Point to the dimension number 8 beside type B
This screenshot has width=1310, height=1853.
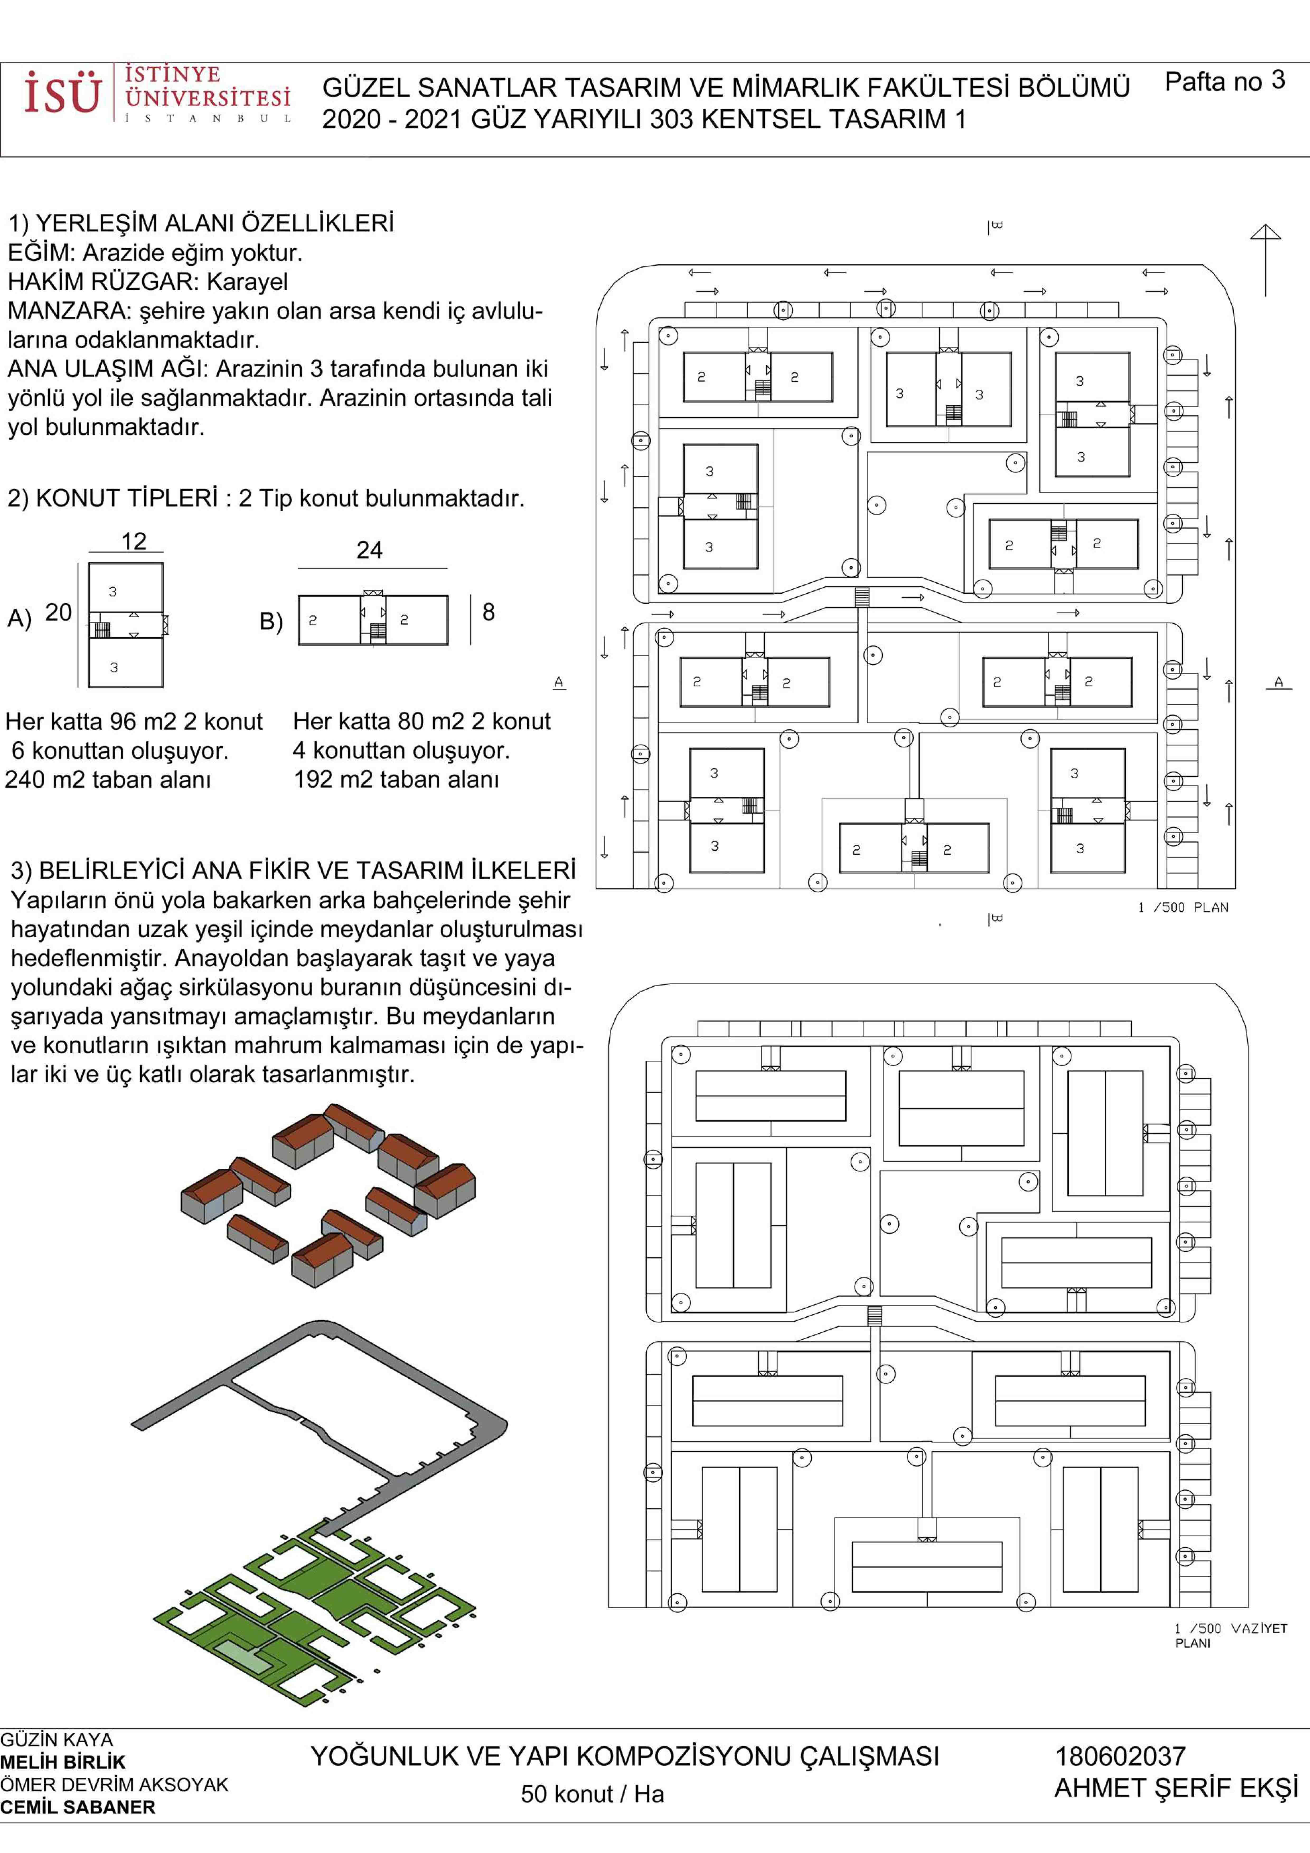pos(488,612)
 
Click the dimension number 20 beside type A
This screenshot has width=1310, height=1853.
pos(58,612)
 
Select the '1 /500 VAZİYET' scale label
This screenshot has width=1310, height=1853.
pos(1230,1629)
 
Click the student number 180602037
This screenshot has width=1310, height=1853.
pos(1120,1756)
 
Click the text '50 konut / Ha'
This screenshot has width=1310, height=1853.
pos(592,1793)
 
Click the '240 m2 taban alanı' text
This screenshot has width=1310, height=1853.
pos(108,780)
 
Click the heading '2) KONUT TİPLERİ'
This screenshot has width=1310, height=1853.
pos(113,498)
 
